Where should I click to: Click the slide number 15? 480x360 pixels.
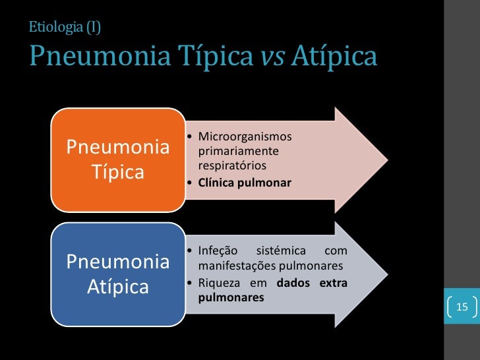coord(461,307)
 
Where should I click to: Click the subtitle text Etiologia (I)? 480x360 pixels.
coord(65,27)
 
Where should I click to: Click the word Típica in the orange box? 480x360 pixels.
coord(117,172)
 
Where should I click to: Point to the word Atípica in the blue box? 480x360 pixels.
coord(117,287)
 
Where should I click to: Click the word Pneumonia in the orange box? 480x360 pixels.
coord(117,146)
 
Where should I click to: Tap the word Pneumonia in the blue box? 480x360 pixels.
coord(117,262)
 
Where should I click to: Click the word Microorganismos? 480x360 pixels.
coord(245,137)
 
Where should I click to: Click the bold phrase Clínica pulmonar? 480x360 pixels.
coord(245,181)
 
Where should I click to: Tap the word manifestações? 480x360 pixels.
coord(235,266)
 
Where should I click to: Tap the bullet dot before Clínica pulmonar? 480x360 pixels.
coord(190,182)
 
